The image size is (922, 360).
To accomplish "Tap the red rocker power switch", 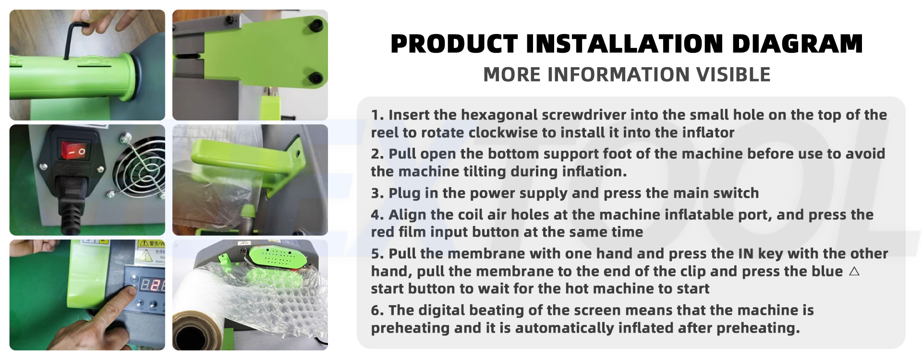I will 74,150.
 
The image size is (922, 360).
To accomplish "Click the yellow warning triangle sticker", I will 143,244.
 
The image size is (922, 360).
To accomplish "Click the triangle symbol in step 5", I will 854,271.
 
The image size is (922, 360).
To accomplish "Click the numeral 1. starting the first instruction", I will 377,115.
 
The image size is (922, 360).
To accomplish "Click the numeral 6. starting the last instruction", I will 377,311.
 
